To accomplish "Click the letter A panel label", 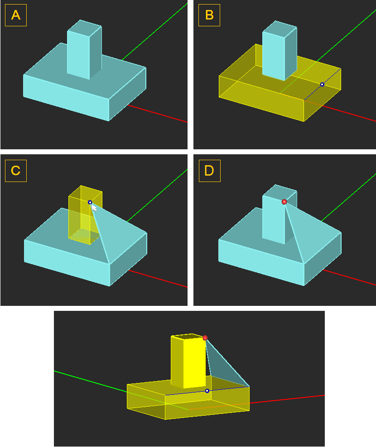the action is [16, 15].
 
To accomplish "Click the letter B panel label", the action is [209, 15].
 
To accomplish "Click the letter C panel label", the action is [16, 171].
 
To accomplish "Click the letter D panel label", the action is [209, 171].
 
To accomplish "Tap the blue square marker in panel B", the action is [322, 84].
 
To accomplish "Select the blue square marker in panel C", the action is [90, 202].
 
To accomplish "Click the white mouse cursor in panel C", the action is [94, 208].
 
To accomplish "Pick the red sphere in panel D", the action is [284, 202].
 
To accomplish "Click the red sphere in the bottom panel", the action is [205, 338].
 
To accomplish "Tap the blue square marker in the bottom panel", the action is [207, 391].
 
